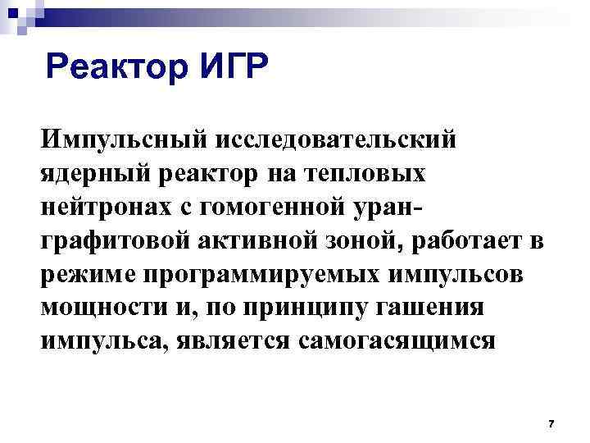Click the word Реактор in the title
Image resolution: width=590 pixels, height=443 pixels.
[116, 67]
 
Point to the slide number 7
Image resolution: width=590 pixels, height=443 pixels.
[551, 423]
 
